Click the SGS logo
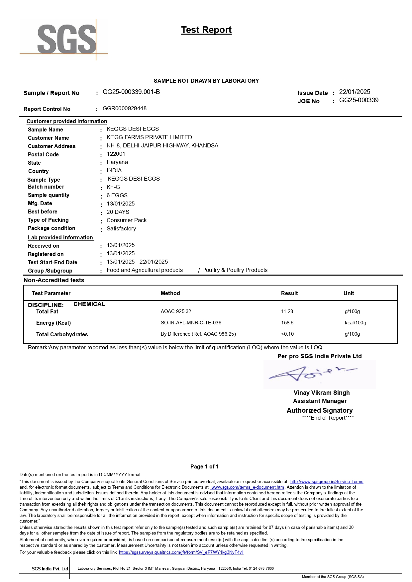pyautogui.click(x=66, y=39)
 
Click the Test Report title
pyautogui.click(x=206, y=30)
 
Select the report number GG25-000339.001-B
pyautogui.click(x=131, y=92)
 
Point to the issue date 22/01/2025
pyautogui.click(x=355, y=92)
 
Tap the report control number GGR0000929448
pyautogui.click(x=125, y=109)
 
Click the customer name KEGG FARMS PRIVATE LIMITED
pyautogui.click(x=149, y=137)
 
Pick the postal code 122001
pyautogui.click(x=116, y=154)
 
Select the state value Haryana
pyautogui.click(x=117, y=162)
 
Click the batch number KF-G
pyautogui.click(x=113, y=187)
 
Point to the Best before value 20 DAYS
pyautogui.click(x=118, y=212)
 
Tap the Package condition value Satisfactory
pyautogui.click(x=121, y=229)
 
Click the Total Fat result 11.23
pyautogui.click(x=287, y=311)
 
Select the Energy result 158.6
pyautogui.click(x=287, y=323)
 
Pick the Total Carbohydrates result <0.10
pyautogui.click(x=287, y=334)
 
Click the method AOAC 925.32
pyautogui.click(x=176, y=311)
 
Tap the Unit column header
pyautogui.click(x=349, y=293)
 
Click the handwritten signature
pyautogui.click(x=312, y=374)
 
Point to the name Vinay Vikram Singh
pyautogui.click(x=322, y=393)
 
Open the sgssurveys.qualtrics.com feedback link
pyautogui.click(x=181, y=552)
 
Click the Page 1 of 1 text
pyautogui.click(x=204, y=467)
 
